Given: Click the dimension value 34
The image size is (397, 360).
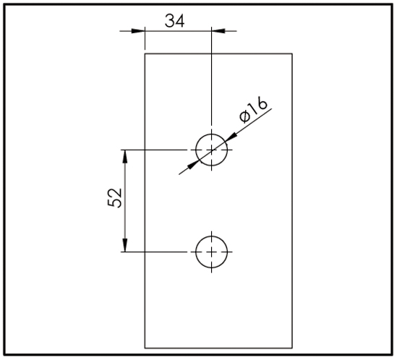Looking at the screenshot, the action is coord(175,20).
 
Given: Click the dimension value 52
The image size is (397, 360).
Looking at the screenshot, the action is coord(115,198).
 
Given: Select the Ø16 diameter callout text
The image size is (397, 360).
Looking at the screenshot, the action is coord(253,109).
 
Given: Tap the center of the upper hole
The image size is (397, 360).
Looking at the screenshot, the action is coord(212,150).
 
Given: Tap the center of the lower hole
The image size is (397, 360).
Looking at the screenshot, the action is coord(212,252).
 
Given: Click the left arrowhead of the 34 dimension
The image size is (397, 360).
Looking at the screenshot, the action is coord(138,31).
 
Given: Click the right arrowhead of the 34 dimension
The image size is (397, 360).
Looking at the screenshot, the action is coord(218,31).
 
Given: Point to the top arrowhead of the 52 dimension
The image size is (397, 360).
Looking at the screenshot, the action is coord(124,157).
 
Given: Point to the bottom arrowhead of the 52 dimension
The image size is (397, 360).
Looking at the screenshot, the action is coord(124,245).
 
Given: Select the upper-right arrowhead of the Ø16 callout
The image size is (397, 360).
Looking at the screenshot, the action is coord(231,137).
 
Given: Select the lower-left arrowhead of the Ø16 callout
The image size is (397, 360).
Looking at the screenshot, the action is coord(193,165).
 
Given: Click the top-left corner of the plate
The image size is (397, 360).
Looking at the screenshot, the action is coord(145,53).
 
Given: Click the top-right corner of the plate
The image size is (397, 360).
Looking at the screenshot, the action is coord(292,53).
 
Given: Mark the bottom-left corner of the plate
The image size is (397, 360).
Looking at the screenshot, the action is coord(145,348).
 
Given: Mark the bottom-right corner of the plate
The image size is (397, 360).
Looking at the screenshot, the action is coord(292,348).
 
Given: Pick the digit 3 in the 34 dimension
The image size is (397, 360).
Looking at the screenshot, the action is coord(170,20).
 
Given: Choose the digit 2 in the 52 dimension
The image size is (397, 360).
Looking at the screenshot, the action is coord(115,193).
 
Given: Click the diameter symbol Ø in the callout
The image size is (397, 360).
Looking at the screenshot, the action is coord(245,116).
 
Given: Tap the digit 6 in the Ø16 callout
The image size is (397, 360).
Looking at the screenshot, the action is coord(262,103).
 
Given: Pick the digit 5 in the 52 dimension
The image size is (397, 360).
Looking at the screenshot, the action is coord(115,203).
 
